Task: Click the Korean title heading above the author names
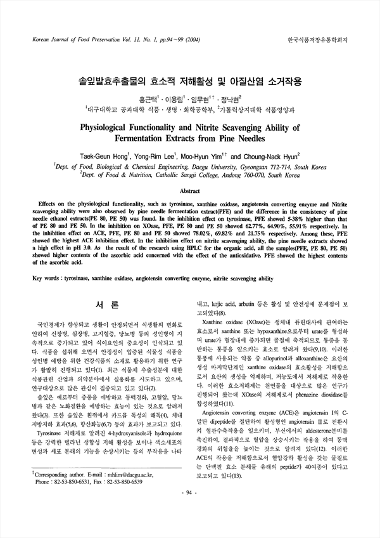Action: click(189, 82)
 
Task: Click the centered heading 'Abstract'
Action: click(189, 190)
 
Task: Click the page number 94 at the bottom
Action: click(189, 527)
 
